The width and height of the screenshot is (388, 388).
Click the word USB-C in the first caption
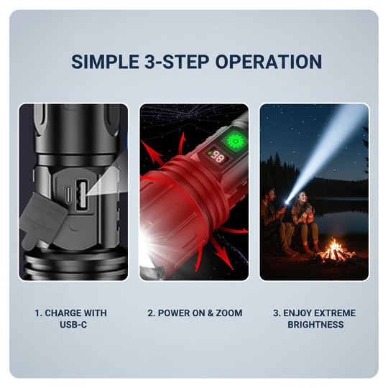[70, 325]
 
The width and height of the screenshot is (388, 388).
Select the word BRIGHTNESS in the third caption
[314, 325]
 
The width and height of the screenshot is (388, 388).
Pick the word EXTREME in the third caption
[331, 313]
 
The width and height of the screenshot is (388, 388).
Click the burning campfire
[335, 251]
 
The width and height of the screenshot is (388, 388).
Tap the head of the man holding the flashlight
[272, 195]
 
